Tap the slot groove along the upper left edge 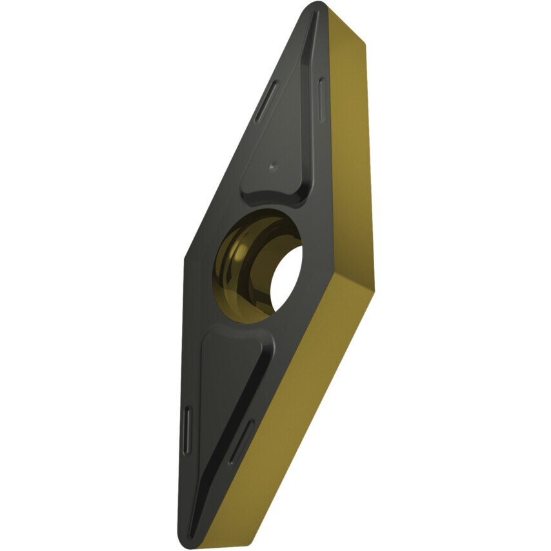(265, 101)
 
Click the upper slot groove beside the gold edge (321, 97)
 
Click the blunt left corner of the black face (185, 258)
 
